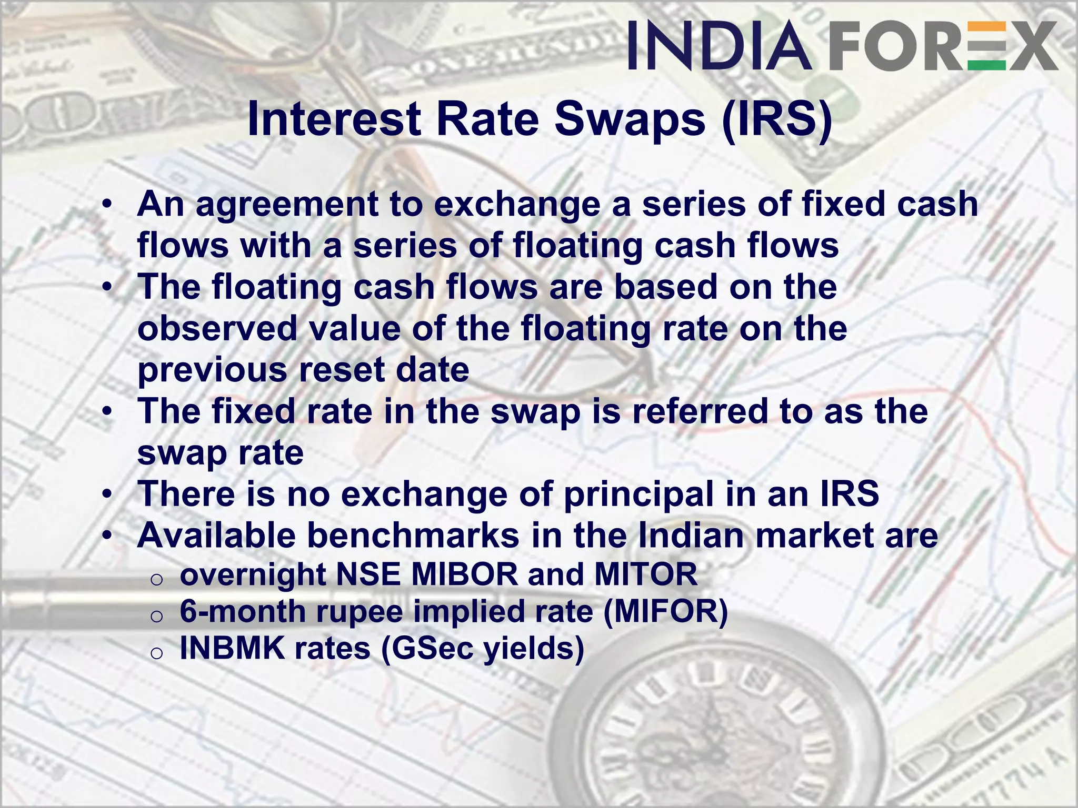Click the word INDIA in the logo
click(719, 46)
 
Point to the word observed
click(218, 329)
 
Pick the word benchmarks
click(413, 536)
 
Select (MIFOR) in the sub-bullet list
click(666, 612)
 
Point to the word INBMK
click(232, 648)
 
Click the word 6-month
click(243, 612)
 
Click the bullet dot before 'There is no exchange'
click(107, 495)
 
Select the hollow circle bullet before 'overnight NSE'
click(156, 579)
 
